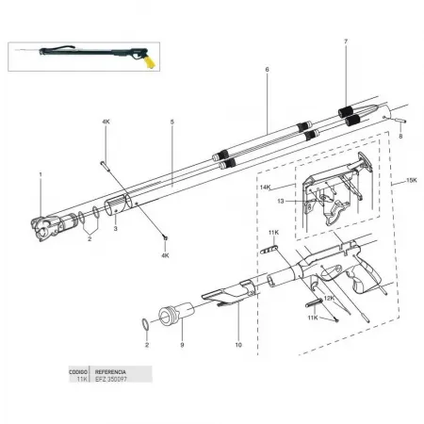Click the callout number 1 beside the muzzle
tap(41, 175)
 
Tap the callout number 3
tap(115, 229)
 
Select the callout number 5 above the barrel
tap(172, 122)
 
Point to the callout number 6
tap(267, 71)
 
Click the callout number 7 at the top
tap(346, 42)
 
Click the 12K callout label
tap(328, 298)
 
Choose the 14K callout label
tap(266, 188)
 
